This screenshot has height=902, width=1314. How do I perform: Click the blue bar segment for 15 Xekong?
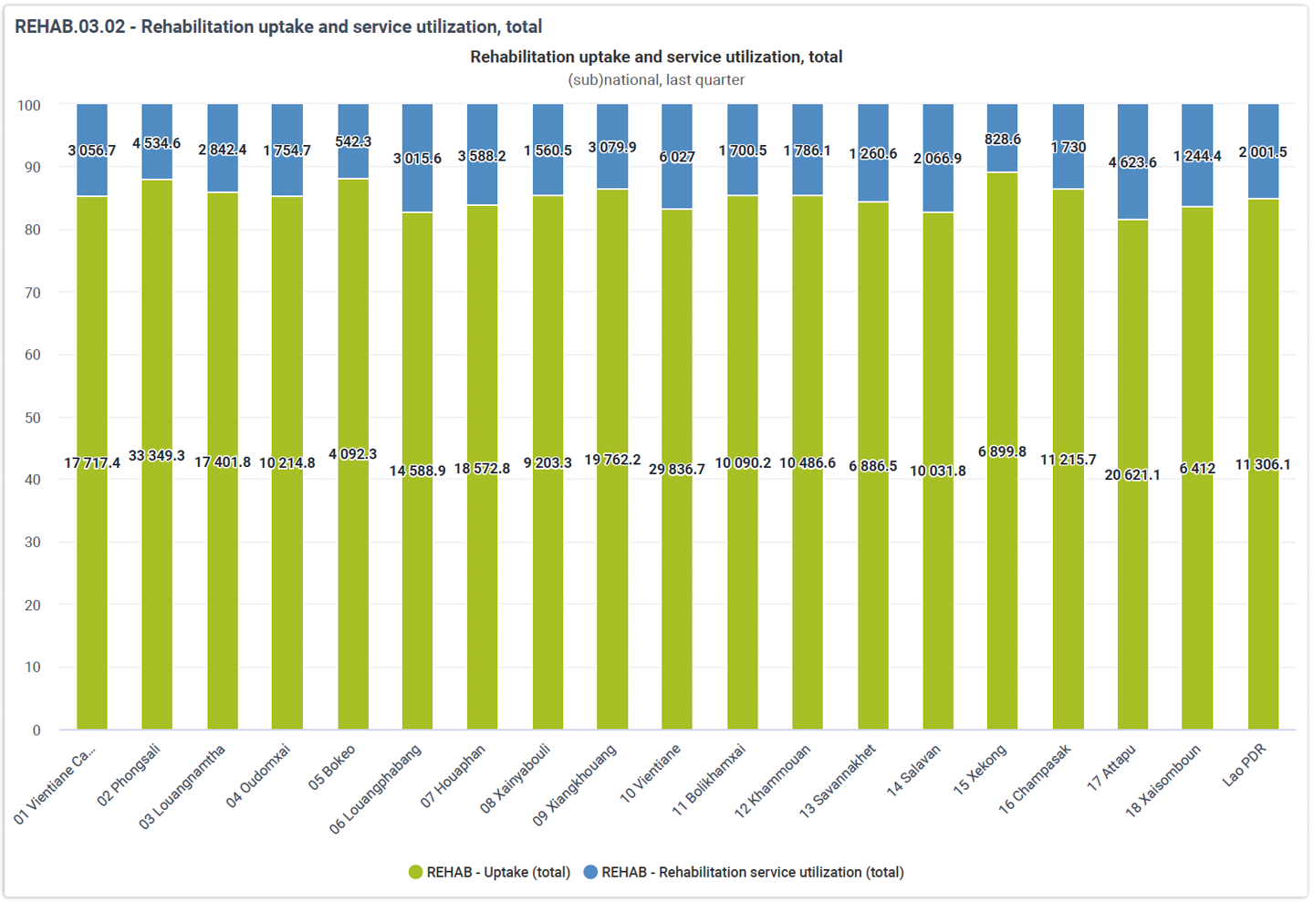click(1003, 138)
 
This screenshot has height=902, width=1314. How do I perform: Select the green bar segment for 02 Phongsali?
click(157, 454)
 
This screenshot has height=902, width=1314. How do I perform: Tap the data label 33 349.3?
click(157, 456)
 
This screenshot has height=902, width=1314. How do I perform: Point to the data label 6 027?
click(677, 157)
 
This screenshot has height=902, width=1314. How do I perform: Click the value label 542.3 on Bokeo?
click(353, 141)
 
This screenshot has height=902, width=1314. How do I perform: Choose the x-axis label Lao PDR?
click(1244, 765)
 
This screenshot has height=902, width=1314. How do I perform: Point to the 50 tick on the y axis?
click(33, 418)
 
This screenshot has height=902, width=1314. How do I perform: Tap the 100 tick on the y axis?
click(29, 106)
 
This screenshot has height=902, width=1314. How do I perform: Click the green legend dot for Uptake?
click(415, 872)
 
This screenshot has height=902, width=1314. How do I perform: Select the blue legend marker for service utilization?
click(590, 872)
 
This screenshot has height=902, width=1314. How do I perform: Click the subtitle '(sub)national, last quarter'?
click(656, 79)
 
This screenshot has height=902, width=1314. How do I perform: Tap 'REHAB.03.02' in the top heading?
click(69, 26)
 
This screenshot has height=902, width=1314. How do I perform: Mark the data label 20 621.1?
click(1132, 474)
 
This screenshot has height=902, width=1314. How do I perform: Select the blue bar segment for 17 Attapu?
click(1132, 161)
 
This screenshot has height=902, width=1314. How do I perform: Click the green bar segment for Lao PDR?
click(1263, 464)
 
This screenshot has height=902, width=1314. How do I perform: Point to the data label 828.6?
click(1003, 139)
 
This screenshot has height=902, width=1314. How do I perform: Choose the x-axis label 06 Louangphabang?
click(375, 788)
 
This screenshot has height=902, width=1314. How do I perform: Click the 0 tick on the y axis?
click(36, 731)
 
